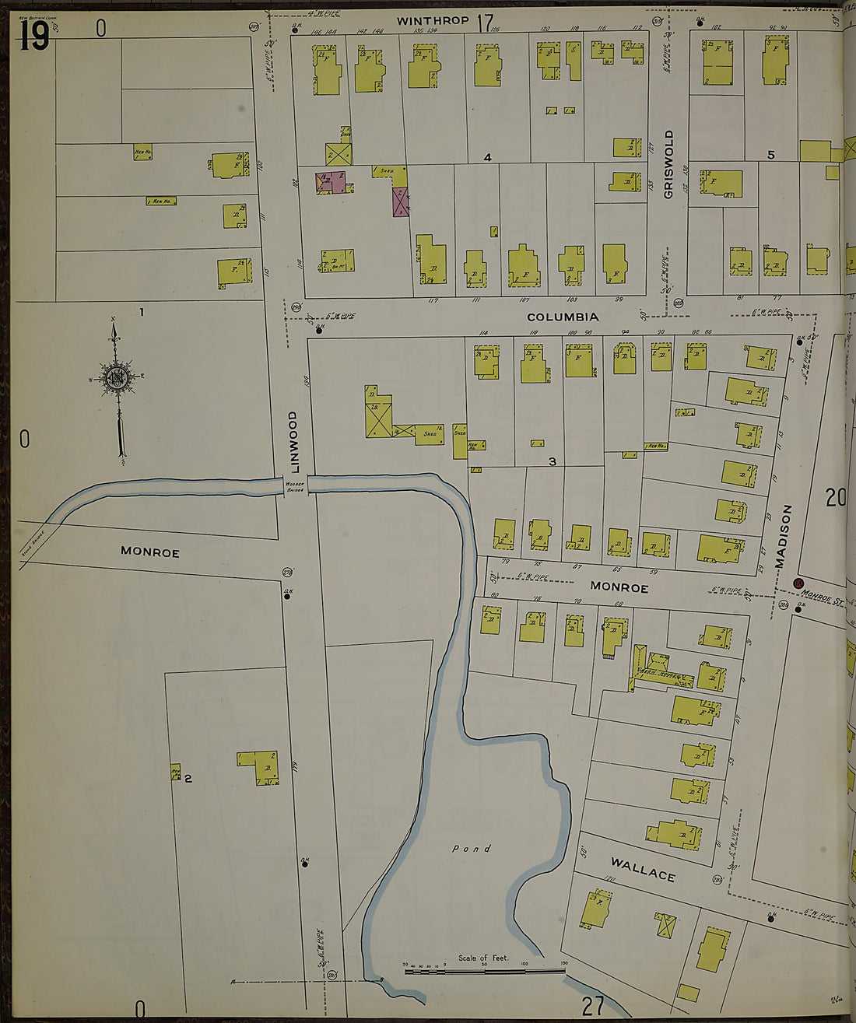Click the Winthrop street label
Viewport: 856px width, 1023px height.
(x=433, y=21)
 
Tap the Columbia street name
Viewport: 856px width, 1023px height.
(x=563, y=317)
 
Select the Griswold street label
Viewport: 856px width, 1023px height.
(x=668, y=164)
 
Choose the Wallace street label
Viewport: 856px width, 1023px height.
(x=643, y=869)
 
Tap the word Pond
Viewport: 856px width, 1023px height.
(x=472, y=849)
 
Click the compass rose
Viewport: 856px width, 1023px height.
(x=117, y=379)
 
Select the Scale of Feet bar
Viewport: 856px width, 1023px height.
(x=484, y=970)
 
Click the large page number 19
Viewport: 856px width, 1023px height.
(x=34, y=36)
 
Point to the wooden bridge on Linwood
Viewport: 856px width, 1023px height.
(x=296, y=485)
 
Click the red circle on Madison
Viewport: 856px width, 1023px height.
(x=798, y=583)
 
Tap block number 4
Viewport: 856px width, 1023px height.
(x=487, y=158)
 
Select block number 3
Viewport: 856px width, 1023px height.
(x=552, y=461)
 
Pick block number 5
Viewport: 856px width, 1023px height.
(x=770, y=155)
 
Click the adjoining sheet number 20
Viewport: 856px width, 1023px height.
(x=836, y=497)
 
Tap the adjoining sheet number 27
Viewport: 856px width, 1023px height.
(x=593, y=1006)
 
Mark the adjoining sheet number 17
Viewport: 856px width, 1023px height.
(x=485, y=23)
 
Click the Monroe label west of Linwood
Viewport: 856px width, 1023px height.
(x=150, y=552)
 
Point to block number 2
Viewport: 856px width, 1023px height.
(x=188, y=777)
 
